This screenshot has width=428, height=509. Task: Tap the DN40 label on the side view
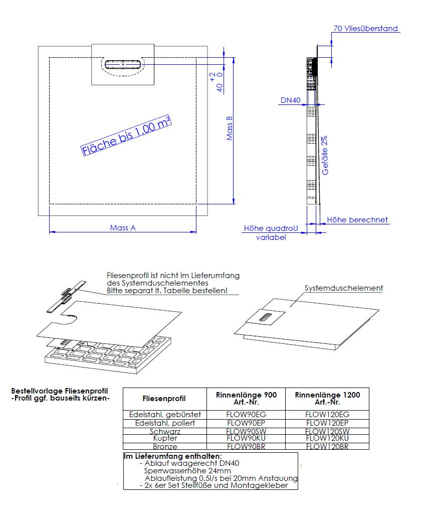pos(290,100)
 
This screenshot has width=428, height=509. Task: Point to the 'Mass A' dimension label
pos(123,227)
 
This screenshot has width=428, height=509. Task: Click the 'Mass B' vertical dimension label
pos(230,129)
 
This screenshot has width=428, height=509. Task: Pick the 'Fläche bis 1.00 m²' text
pos(126,135)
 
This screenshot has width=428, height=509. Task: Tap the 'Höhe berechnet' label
pos(357,219)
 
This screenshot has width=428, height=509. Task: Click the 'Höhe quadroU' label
pos(271,228)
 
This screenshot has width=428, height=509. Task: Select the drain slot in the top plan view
pos(123,64)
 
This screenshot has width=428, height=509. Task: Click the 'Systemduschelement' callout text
pos(344,288)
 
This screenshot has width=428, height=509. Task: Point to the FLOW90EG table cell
pos(246,414)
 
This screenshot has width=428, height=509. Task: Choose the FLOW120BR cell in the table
pos(327,446)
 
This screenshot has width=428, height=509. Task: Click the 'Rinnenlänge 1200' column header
pos(327,399)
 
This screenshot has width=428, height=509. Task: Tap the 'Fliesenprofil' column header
pos(164,399)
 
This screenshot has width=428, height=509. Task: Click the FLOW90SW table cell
pos(246,431)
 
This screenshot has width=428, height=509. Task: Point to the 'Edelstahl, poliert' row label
pos(164,423)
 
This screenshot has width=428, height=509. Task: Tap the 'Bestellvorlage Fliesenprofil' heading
pos(60,391)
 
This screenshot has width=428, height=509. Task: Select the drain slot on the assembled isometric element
pos(266,316)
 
